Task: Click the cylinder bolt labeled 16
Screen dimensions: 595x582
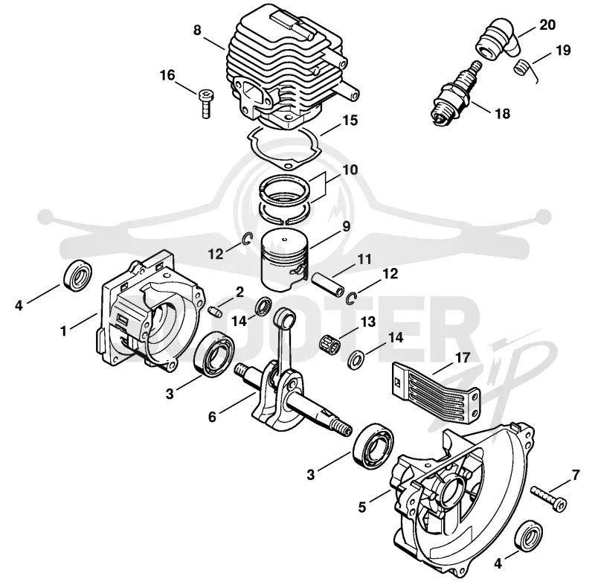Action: [x=206, y=103]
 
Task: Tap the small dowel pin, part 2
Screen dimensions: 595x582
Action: [x=215, y=313]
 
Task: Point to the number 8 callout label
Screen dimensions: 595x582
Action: [x=197, y=30]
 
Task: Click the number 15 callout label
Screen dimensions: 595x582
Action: [x=350, y=121]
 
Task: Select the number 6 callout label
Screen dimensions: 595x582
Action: [x=212, y=417]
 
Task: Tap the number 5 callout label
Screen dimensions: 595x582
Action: [x=361, y=507]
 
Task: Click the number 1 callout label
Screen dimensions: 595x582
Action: [x=64, y=331]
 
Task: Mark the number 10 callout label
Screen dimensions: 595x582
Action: [x=350, y=170]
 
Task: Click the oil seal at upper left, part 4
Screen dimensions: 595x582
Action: [x=79, y=276]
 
